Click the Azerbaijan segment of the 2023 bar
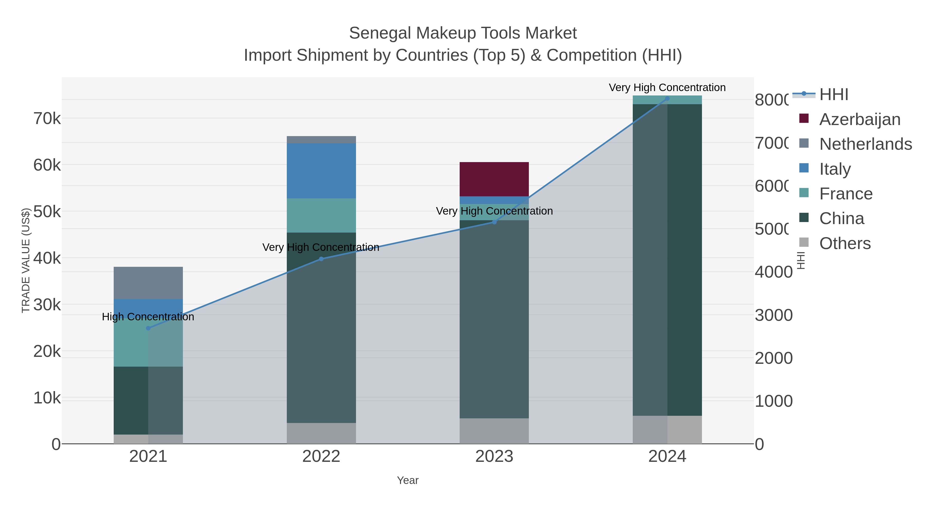click(x=494, y=179)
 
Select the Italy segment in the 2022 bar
click(x=321, y=171)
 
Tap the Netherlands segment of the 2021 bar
click(x=148, y=282)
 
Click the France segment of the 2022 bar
click(x=321, y=215)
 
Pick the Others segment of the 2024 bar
click(x=667, y=429)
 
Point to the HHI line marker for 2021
click(x=148, y=328)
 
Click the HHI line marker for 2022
click(x=321, y=259)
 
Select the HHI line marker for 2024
click(x=667, y=99)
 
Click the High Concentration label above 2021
click(x=148, y=317)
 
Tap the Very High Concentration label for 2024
click(x=667, y=88)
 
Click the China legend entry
click(x=842, y=219)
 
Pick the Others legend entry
click(x=845, y=243)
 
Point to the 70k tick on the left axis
click(x=47, y=119)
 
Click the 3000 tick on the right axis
click(x=773, y=315)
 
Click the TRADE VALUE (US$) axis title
click(x=26, y=260)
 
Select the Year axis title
click(x=408, y=480)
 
